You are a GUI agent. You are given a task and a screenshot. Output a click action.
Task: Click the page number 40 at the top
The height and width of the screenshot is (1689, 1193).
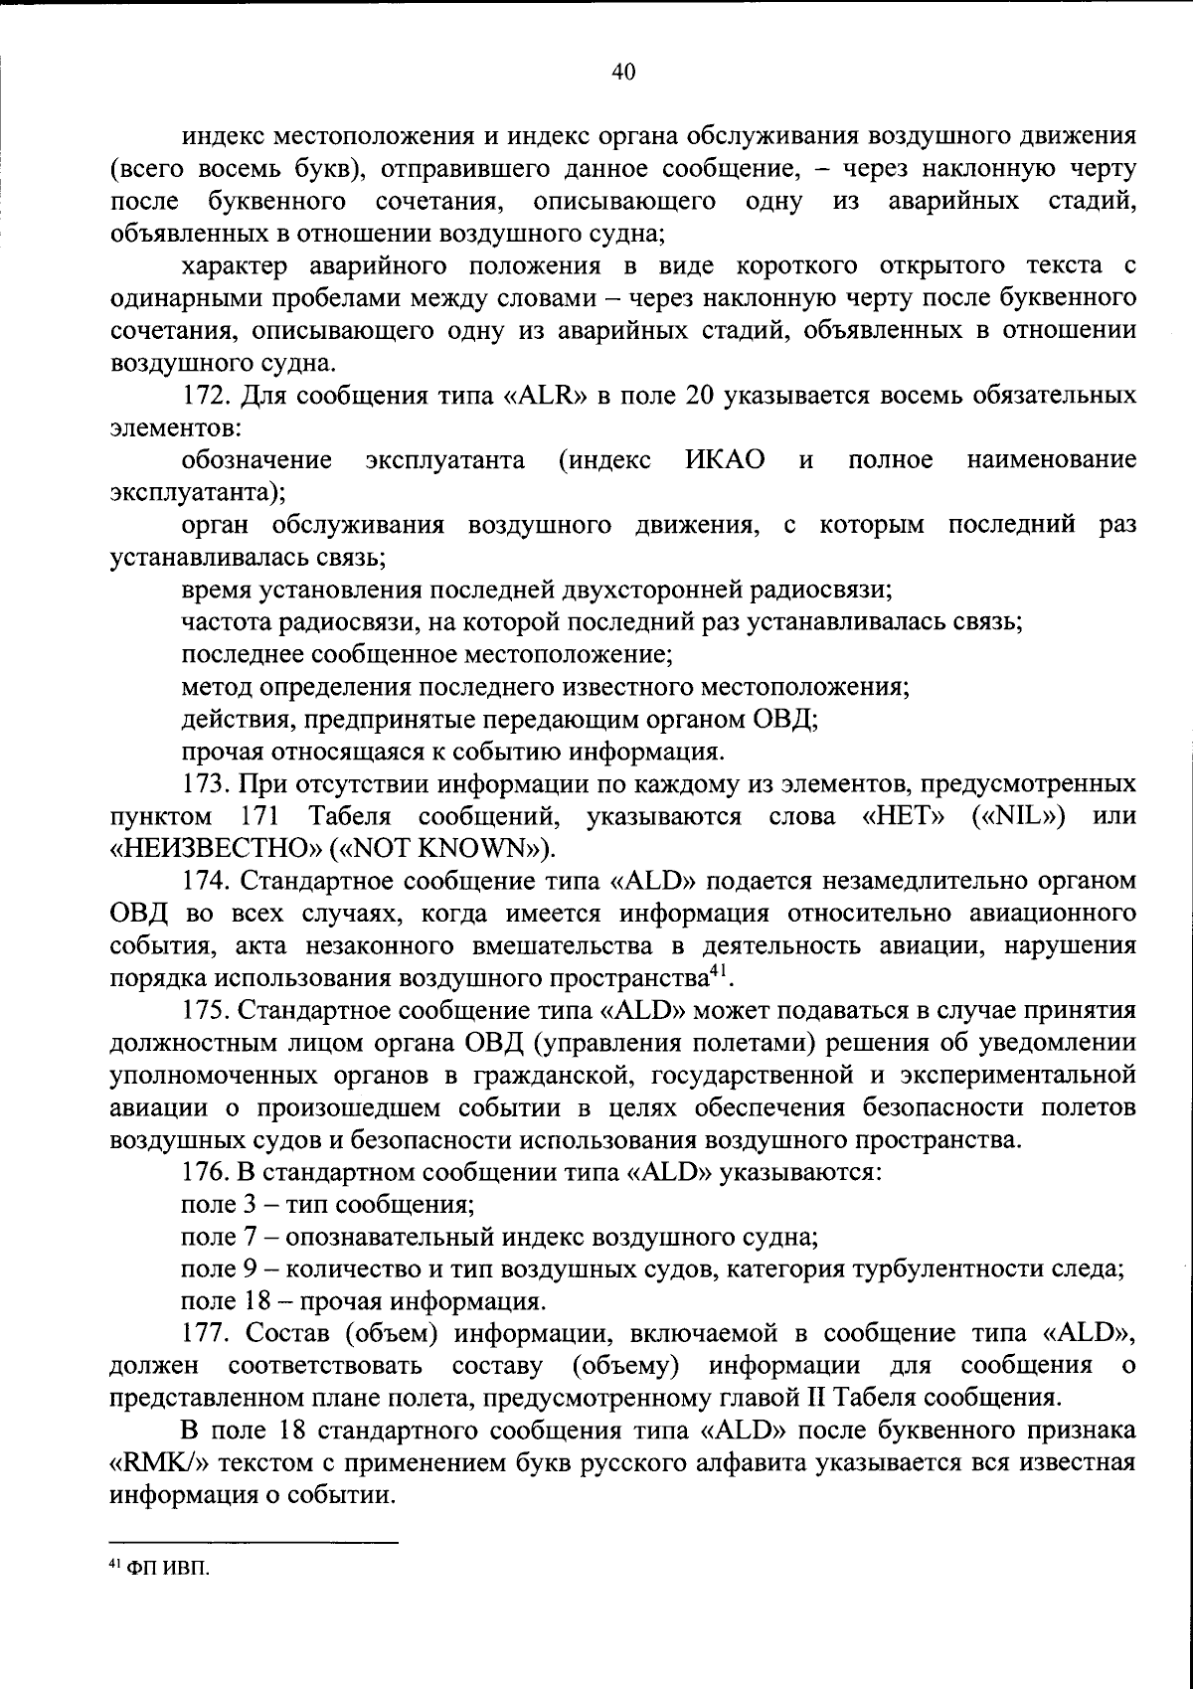623,72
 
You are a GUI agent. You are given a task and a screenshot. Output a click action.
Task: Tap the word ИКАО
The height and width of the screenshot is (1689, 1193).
725,460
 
